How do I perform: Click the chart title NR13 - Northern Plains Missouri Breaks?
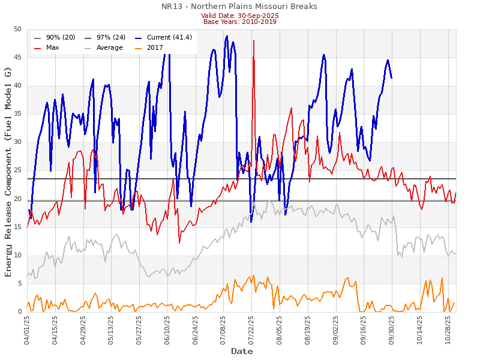click(x=239, y=7)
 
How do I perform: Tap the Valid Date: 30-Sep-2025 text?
click(x=239, y=16)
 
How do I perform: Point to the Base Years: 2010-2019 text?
click(x=239, y=22)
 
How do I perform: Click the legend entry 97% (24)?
click(x=109, y=37)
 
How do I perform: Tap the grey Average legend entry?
click(x=109, y=47)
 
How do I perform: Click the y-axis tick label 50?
click(x=17, y=29)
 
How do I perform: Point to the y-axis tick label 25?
click(x=17, y=170)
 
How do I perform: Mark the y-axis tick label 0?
click(x=19, y=312)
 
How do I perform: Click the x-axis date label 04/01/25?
click(x=28, y=330)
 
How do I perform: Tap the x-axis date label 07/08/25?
click(x=224, y=330)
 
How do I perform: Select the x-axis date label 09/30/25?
click(x=392, y=330)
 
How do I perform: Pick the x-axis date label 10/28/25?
click(x=448, y=330)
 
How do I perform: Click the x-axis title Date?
click(x=242, y=351)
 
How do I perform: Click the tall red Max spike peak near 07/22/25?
click(x=254, y=41)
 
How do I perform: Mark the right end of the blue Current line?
click(x=391, y=78)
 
